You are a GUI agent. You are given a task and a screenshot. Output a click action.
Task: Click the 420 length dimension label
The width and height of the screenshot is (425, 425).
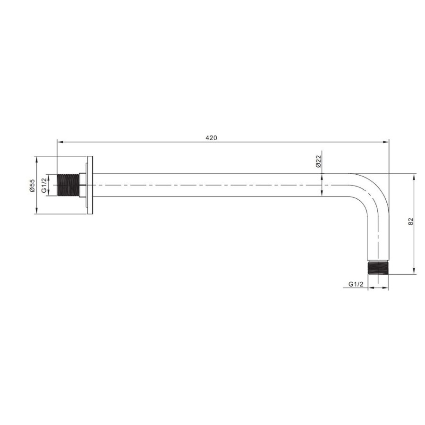tap(211, 138)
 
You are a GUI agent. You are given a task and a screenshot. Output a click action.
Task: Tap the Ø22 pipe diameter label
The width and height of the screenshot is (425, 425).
tap(318, 161)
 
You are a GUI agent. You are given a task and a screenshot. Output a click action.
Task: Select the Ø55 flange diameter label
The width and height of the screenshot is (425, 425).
tap(32, 186)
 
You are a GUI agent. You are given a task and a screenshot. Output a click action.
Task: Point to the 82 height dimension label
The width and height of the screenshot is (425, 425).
tap(411, 221)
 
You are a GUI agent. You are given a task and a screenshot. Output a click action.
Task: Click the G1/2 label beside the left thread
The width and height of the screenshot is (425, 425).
tap(44, 186)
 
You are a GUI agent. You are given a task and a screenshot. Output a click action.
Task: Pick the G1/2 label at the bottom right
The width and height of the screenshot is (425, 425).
tap(356, 284)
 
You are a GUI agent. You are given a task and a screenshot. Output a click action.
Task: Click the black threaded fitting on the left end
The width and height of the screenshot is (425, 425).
tap(68, 185)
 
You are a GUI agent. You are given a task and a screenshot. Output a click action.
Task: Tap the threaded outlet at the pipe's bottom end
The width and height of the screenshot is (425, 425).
tap(378, 268)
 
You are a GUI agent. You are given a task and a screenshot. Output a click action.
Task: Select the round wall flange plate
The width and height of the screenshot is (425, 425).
tap(90, 185)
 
